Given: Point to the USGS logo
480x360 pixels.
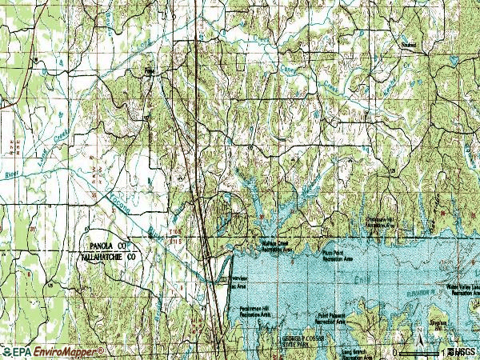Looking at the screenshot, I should pos(463,352).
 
